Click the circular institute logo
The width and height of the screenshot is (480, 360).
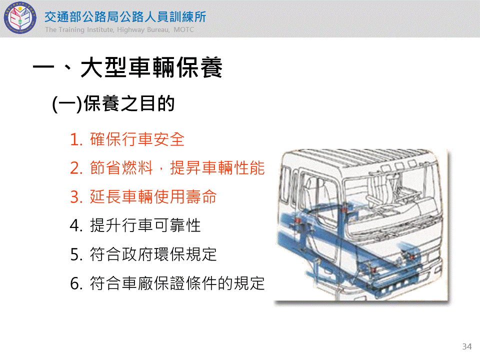20,18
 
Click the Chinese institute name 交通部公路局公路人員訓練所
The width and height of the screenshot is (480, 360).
125,17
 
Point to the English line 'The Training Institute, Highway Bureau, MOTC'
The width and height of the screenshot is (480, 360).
119,29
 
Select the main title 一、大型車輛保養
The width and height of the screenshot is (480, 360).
127,67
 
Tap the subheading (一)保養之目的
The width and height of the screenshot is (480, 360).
113,103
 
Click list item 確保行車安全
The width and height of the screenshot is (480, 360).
137,139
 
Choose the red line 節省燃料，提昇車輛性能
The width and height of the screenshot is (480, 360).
177,168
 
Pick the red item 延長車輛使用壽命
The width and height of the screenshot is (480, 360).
153,196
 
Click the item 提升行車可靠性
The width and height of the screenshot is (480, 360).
145,225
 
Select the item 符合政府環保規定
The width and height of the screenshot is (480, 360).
153,254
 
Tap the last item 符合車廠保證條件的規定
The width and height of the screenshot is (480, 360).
177,283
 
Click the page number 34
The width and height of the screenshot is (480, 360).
467,346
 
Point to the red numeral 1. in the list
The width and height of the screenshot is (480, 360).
76,139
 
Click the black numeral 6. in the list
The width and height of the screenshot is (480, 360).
76,283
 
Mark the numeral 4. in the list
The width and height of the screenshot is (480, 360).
76,226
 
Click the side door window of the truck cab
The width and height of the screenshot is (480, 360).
317,196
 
